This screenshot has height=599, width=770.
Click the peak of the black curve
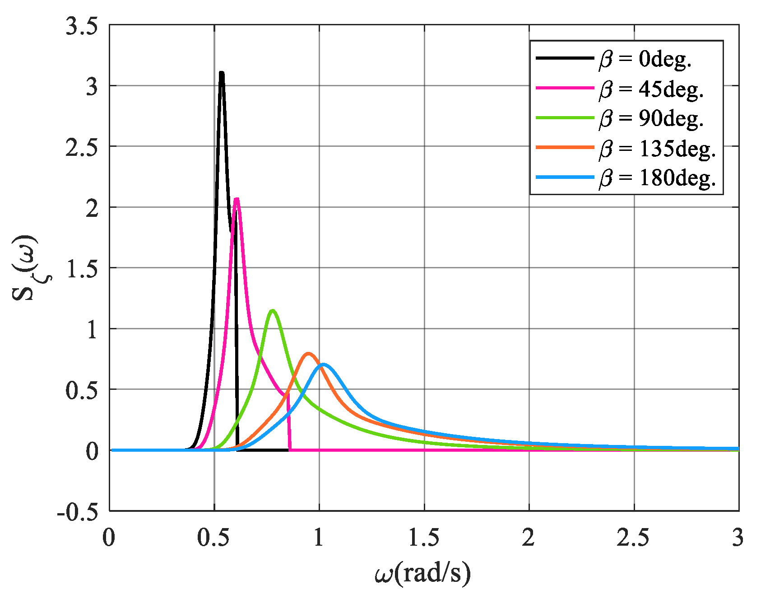click(222, 73)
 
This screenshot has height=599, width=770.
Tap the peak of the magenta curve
click(237, 199)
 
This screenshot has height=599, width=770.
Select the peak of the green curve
click(272, 311)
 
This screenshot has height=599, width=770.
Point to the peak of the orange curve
click(308, 354)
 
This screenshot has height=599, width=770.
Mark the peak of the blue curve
click(323, 365)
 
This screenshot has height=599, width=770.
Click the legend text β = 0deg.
click(646, 59)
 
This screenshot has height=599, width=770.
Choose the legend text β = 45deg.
click(652, 89)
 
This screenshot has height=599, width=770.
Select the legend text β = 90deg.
click(652, 118)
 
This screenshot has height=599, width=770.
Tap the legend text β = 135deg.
click(658, 148)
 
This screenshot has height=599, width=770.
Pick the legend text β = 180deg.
click(658, 178)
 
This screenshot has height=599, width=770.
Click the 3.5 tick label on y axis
click(82, 26)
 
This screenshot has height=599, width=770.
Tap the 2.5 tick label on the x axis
click(634, 538)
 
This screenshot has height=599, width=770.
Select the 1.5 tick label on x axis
click(424, 538)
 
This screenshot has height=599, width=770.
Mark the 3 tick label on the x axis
click(738, 538)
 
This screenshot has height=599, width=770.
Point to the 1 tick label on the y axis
click(92, 329)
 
